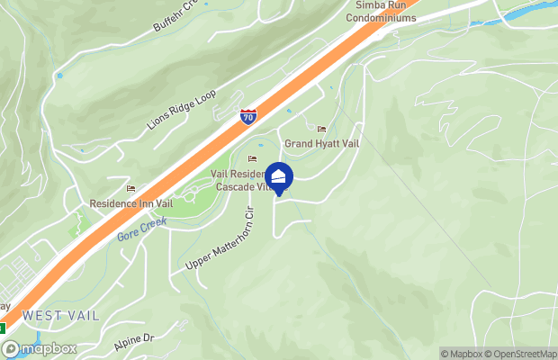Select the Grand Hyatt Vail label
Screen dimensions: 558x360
(x=321, y=144)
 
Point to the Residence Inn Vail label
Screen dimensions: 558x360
(x=130, y=203)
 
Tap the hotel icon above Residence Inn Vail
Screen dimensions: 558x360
(x=131, y=189)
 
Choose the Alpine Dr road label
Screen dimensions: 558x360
(x=135, y=343)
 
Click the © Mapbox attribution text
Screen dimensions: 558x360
(x=463, y=354)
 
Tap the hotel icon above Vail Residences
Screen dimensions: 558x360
(x=252, y=160)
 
